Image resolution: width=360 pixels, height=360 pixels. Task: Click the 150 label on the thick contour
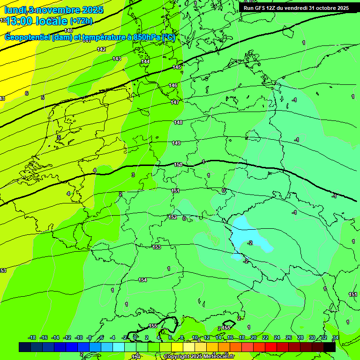point(178,165)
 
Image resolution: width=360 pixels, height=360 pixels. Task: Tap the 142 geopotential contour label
point(101,49)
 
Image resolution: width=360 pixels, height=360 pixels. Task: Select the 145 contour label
point(177,67)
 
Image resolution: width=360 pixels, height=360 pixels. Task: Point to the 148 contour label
point(178,122)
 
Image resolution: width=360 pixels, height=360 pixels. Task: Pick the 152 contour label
point(172,217)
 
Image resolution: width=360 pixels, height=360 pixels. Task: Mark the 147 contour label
point(175,102)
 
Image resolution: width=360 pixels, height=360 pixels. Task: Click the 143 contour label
point(117,59)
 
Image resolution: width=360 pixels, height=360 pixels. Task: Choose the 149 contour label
point(176,143)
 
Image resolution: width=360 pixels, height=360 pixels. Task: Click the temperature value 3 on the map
point(133,175)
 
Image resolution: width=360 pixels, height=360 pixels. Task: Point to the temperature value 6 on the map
point(27,93)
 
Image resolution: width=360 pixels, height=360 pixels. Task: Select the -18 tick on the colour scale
point(32,337)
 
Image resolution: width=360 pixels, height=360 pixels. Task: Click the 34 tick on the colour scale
point(336,337)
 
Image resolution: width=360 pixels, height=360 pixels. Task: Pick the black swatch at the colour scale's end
point(330,347)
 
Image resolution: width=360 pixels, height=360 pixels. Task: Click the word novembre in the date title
point(58,10)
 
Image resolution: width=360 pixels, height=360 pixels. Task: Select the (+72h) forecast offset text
point(81,21)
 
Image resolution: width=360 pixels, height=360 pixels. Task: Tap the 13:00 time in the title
point(21,21)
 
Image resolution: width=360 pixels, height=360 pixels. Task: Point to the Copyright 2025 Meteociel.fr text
point(199,357)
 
